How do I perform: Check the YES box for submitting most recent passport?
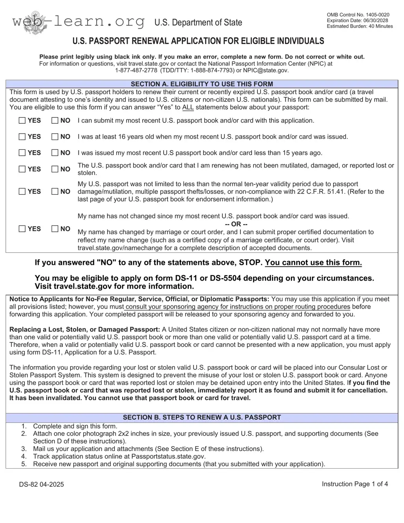point(22,121)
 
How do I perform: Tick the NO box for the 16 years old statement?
point(55,137)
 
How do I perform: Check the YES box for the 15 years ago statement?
point(22,153)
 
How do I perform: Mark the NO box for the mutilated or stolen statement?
point(55,169)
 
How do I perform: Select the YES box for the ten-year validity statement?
point(22,192)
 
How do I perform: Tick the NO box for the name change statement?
point(55,229)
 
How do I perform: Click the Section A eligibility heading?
point(202,84)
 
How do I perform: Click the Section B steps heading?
point(202,417)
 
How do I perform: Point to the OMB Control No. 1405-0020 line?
point(358,15)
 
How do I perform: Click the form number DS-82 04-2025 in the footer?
point(41,484)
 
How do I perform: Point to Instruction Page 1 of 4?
point(355,484)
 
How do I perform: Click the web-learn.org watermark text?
point(78,22)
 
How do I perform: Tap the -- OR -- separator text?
point(236,224)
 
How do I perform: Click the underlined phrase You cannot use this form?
point(313,263)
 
